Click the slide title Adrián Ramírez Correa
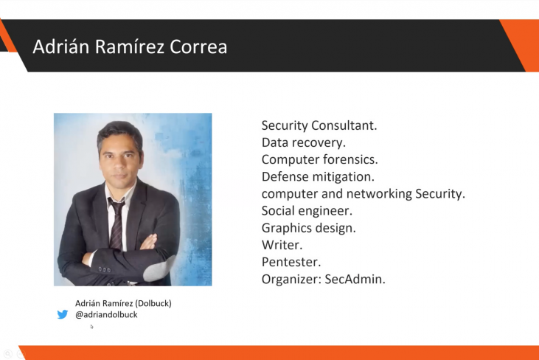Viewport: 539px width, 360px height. click(130, 46)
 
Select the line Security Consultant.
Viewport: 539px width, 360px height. click(319, 125)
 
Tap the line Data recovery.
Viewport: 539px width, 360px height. click(303, 142)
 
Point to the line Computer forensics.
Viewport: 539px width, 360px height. click(319, 159)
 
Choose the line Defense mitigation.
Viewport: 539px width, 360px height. click(318, 177)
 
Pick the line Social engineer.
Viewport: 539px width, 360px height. click(307, 211)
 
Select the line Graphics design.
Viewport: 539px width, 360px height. click(308, 228)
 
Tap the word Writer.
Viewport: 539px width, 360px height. click(282, 245)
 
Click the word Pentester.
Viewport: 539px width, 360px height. click(291, 262)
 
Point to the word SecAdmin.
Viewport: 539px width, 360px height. click(355, 280)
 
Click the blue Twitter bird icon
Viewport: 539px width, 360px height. click(63, 314)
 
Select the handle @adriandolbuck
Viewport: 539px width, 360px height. click(106, 315)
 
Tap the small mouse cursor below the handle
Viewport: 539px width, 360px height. click(92, 327)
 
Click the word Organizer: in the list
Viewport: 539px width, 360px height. click(291, 280)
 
